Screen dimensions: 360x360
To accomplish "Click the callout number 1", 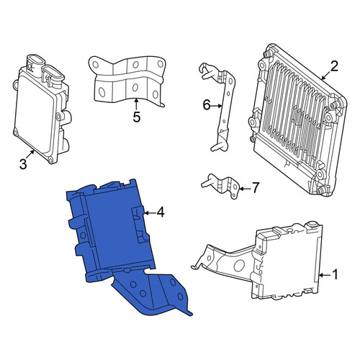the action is pos(335,274).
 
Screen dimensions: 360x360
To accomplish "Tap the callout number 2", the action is pos(333,66).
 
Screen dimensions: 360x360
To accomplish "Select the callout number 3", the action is pos(23,164).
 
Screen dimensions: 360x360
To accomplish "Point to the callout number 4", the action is pos(161,212).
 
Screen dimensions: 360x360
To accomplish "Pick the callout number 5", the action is pos(136,117).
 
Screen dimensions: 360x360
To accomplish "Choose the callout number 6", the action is pos(207,105).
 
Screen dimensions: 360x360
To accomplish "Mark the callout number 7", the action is pos(255,187).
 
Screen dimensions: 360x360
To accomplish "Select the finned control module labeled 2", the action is pos(297,120).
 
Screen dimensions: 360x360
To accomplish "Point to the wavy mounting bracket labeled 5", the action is pos(127,81).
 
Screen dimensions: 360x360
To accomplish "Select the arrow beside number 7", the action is pos(244,189).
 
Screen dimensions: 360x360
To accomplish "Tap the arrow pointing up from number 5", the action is pos(136,104).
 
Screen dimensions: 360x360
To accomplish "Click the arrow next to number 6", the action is pos(217,105).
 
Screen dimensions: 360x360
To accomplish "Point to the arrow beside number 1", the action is pos(325,275).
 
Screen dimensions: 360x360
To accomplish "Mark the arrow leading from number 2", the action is pos(326,75).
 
